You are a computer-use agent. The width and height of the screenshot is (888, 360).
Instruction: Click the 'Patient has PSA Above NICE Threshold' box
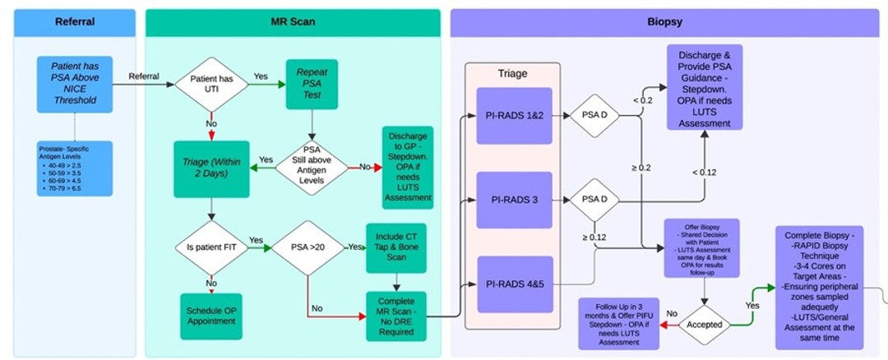point(74,85)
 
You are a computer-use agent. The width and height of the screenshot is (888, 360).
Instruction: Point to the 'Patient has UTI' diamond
point(210,85)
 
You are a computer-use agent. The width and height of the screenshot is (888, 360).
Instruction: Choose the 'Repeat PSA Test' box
point(312,85)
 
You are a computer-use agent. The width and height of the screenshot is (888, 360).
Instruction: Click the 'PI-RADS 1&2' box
point(515,115)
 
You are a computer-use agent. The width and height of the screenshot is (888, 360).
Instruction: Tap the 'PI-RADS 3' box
point(515,200)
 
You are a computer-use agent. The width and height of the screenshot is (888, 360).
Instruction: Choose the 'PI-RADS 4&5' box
point(515,285)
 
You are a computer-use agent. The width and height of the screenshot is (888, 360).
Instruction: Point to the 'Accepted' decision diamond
point(705,324)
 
